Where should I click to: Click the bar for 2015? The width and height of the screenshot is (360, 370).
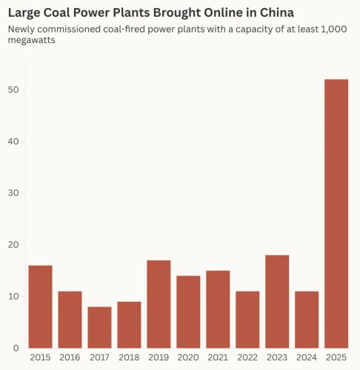pos(40,306)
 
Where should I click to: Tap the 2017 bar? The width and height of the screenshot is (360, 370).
pos(99,327)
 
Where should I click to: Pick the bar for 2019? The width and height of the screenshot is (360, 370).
pos(159,304)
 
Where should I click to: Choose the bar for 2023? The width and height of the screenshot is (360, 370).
pos(277,301)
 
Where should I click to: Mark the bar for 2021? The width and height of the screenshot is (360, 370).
pos(218,309)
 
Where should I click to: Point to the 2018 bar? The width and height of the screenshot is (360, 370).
pos(129,325)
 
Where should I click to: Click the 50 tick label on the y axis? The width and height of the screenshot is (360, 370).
pos(14,90)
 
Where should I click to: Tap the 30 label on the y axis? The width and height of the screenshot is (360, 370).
pos(14,193)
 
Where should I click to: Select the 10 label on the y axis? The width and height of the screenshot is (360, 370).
pos(14,296)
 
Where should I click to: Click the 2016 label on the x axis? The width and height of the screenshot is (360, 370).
pos(70,357)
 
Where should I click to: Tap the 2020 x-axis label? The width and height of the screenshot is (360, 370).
pos(188,357)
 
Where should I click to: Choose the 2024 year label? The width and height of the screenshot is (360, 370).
pos(307,357)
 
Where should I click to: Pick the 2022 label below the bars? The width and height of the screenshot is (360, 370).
pos(247,357)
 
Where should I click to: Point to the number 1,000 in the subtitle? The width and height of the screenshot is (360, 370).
pos(336,29)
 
